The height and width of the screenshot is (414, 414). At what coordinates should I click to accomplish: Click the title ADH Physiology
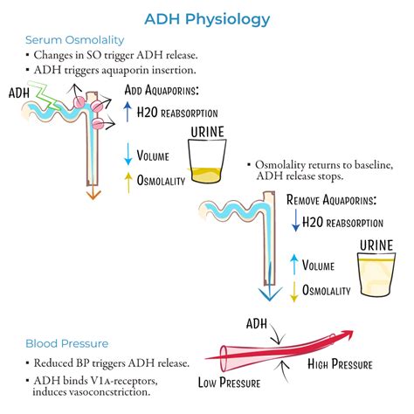click(x=207, y=17)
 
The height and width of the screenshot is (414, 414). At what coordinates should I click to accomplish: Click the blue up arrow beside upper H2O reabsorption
click(x=128, y=111)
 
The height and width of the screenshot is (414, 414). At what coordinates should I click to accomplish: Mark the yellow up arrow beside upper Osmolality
click(x=128, y=179)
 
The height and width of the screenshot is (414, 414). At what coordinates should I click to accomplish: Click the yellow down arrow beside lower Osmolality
click(x=297, y=290)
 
